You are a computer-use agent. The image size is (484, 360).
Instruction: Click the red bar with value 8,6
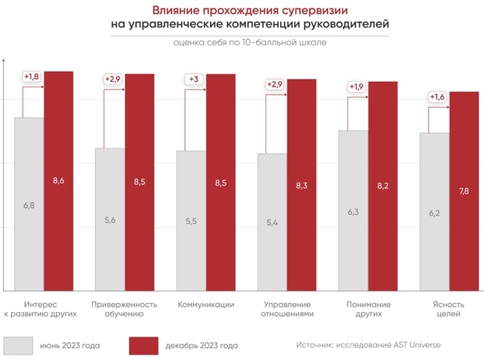[x=59, y=180]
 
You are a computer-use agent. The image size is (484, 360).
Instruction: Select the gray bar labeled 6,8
[x=29, y=203]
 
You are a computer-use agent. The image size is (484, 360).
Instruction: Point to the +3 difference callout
[x=194, y=80]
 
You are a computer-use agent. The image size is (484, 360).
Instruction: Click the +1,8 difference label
[x=31, y=77]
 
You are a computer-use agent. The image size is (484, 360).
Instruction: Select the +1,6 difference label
[x=438, y=98]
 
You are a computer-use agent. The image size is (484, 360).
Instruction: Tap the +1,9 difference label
[x=357, y=87]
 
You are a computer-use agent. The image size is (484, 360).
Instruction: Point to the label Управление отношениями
[x=287, y=309]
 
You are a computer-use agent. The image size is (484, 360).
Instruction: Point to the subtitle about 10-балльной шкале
[x=250, y=42]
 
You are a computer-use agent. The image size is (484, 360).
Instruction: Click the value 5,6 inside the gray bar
[x=110, y=220]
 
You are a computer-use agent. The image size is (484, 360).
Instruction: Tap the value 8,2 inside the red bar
[x=383, y=186]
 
